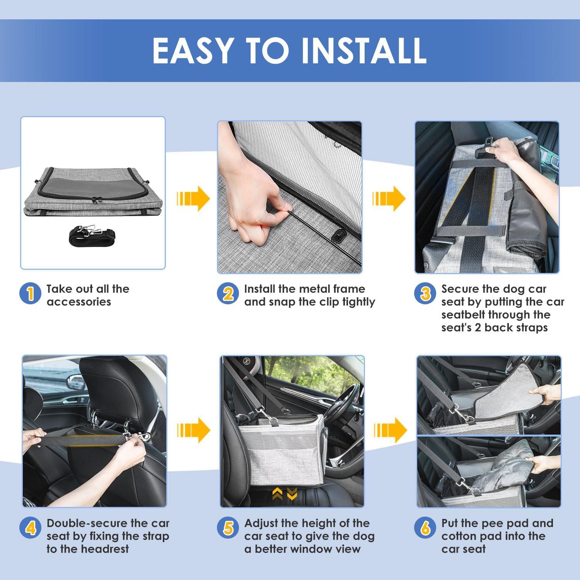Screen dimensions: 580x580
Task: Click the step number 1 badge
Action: tap(30, 293)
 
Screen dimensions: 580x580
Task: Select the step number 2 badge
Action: tap(228, 293)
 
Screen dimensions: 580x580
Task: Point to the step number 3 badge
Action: tap(425, 293)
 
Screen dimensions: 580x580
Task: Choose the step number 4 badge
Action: tap(30, 528)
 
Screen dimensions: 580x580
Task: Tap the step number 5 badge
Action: tap(228, 528)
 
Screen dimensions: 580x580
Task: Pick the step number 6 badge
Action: tap(425, 528)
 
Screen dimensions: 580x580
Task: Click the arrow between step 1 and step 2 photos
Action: tap(193, 198)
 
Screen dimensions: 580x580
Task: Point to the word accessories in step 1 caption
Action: tap(78, 302)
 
